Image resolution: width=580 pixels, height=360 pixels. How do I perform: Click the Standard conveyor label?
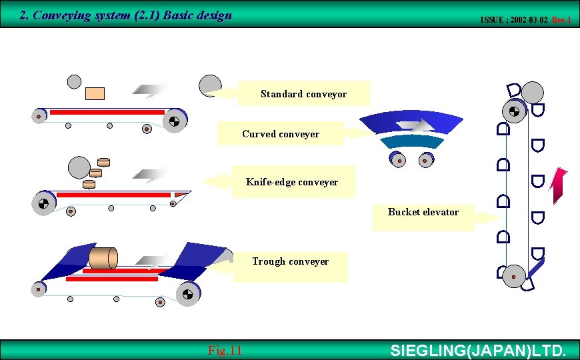pyautogui.click(x=303, y=94)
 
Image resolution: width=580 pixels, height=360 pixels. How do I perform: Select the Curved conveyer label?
pyautogui.click(x=281, y=134)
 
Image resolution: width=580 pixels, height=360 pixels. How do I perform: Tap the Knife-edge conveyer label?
pyautogui.click(x=291, y=182)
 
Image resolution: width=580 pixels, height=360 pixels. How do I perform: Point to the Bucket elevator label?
pyautogui.click(x=423, y=212)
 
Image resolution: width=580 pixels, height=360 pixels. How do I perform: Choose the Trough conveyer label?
pyautogui.click(x=290, y=261)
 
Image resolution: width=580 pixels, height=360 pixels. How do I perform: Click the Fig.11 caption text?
pyautogui.click(x=225, y=351)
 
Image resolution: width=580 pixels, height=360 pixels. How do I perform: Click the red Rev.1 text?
pyautogui.click(x=561, y=20)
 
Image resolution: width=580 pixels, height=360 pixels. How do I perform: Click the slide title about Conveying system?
pyautogui.click(x=126, y=15)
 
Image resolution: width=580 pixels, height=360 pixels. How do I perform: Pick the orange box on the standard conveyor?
pyautogui.click(x=95, y=93)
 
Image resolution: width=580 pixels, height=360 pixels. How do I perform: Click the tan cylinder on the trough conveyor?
pyautogui.click(x=103, y=259)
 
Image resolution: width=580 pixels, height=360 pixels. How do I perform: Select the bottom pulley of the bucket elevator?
pyautogui.click(x=513, y=276)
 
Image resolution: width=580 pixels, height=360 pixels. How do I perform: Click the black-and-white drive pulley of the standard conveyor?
pyautogui.click(x=174, y=121)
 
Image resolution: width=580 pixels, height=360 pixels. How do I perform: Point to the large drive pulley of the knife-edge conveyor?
pyautogui.click(x=43, y=203)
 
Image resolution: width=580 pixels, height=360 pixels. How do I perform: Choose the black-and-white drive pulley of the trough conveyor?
pyautogui.click(x=187, y=293)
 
